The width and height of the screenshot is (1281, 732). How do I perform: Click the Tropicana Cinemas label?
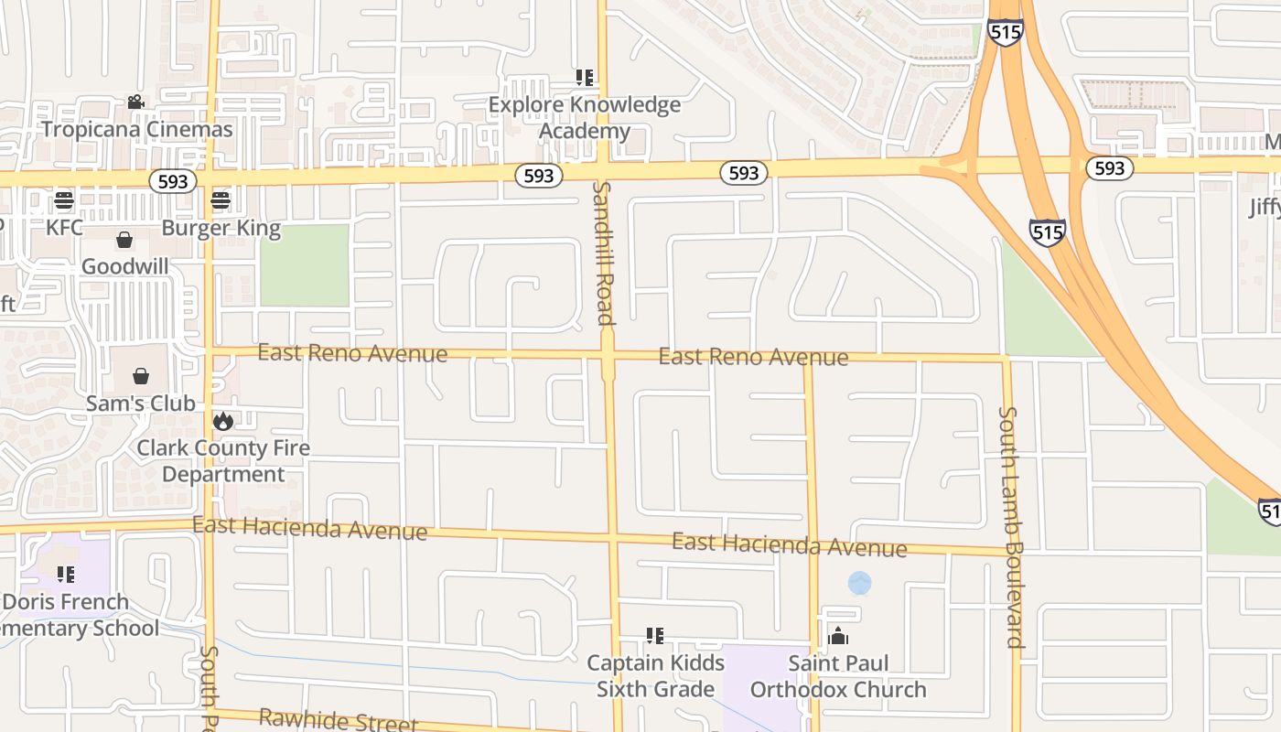(136, 129)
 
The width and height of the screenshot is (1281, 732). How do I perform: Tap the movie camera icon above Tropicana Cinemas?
(136, 102)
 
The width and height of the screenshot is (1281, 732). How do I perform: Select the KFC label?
(65, 227)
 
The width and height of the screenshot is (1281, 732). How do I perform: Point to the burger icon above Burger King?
(221, 199)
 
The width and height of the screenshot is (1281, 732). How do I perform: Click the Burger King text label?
(221, 227)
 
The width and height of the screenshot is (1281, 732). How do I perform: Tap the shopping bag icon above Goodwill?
(124, 240)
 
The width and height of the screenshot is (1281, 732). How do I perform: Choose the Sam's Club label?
(140, 404)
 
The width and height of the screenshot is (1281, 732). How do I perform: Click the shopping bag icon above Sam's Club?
(141, 376)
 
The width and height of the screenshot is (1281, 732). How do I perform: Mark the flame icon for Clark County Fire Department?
(222, 421)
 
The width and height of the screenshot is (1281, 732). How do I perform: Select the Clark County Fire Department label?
(223, 461)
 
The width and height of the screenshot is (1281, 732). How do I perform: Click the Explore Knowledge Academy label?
(585, 118)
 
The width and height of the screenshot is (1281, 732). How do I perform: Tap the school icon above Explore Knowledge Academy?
(585, 78)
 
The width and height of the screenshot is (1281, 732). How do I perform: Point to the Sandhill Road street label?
(602, 253)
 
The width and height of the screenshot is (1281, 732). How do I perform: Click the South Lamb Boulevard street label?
(1010, 527)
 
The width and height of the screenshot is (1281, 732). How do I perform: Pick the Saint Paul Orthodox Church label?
(838, 676)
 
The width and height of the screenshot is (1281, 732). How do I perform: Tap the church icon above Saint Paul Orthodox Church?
(838, 636)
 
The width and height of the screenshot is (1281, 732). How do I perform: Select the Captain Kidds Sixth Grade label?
(655, 676)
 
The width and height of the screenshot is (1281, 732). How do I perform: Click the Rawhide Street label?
(338, 721)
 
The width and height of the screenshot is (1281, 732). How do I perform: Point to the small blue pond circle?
(859, 583)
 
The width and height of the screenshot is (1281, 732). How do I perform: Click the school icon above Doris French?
(65, 575)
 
